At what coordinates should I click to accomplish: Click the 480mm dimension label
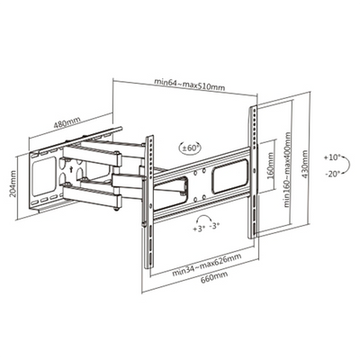coord(67,122)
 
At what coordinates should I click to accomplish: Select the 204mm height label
coord(13,188)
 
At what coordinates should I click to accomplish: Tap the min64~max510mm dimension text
coord(189,85)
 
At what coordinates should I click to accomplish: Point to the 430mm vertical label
coord(305,165)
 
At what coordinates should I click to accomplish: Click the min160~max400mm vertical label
coord(287,169)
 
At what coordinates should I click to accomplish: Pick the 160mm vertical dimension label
coord(271,166)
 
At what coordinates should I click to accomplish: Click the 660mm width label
coord(214,276)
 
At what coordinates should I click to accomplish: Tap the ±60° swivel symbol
coord(190,148)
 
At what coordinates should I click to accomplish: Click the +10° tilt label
coord(332,157)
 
